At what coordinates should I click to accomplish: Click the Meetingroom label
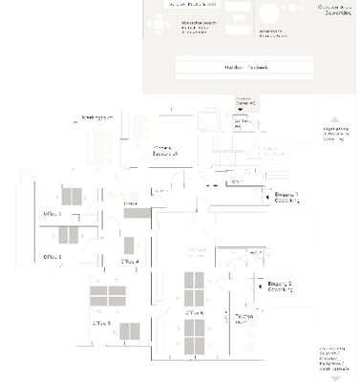pyautogui.click(x=97, y=117)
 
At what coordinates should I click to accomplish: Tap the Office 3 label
pyautogui.click(x=53, y=215)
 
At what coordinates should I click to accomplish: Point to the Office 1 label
pyautogui.click(x=53, y=257)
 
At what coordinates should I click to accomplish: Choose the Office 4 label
pyautogui.click(x=130, y=261)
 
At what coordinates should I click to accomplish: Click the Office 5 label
pyautogui.click(x=101, y=323)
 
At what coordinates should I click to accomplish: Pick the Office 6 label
pyautogui.click(x=195, y=312)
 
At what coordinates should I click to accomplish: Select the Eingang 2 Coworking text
pyautogui.click(x=280, y=287)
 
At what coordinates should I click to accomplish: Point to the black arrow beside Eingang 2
pyautogui.click(x=258, y=285)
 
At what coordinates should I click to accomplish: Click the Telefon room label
pyautogui.click(x=242, y=318)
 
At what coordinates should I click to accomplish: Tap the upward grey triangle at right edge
pyautogui.click(x=333, y=121)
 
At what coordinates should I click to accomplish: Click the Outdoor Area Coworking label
pyautogui.click(x=336, y=11)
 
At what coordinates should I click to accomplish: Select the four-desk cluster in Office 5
pyautogui.click(x=109, y=294)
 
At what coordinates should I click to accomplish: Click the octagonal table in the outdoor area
pyautogui.click(x=270, y=13)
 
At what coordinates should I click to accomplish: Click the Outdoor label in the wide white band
pyautogui.click(x=245, y=68)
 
